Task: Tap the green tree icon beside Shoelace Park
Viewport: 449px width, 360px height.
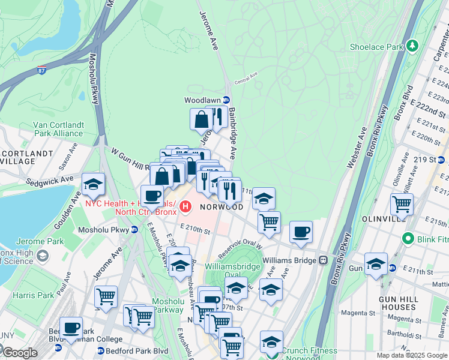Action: (x=412, y=46)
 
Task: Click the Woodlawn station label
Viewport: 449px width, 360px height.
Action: (x=202, y=100)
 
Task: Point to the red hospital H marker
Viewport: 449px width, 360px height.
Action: (x=186, y=208)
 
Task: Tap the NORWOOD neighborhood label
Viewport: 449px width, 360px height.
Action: (x=221, y=207)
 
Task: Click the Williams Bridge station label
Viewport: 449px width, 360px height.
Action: (x=289, y=260)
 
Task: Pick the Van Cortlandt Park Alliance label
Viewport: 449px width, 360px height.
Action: (x=58, y=129)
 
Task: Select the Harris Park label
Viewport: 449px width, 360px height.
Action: (x=33, y=295)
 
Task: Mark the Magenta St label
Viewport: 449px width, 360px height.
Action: (x=358, y=313)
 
